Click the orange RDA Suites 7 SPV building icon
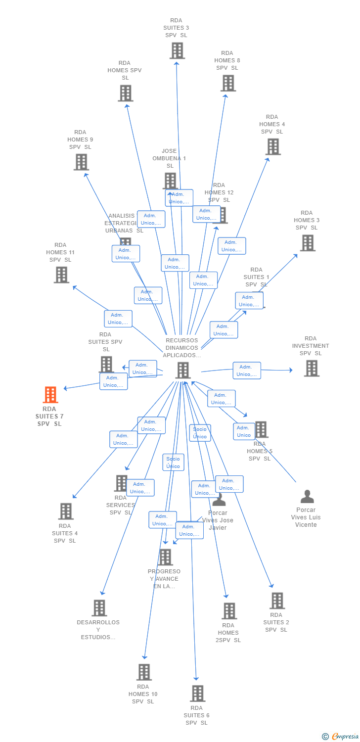pos(50,395)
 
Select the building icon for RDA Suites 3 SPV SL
pos(177,50)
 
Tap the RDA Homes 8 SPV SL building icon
pos(228,83)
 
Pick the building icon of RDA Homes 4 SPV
pos(273,147)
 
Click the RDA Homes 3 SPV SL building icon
pos(308,243)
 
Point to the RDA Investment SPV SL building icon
pos(312,368)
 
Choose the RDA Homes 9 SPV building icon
pos(81,162)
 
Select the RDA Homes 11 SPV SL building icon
pos(61,275)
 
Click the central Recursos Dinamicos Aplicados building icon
pos(183,370)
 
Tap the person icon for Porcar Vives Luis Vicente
pos(307,496)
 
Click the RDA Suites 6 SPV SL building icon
pos(197,694)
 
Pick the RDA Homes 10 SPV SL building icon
pos(144,672)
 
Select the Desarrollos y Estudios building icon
pos(99,608)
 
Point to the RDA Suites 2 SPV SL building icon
pos(277,601)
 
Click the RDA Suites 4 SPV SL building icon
pos(65,511)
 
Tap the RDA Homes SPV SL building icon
pos(126,93)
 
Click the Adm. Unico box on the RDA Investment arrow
pos(247,371)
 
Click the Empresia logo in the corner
pos(341,737)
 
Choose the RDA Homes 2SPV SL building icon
pos(229,611)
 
